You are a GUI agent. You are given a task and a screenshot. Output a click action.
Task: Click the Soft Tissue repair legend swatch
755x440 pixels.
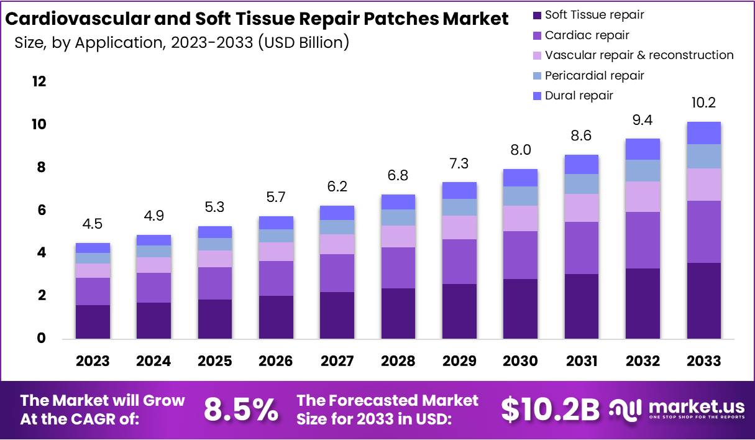point(538,15)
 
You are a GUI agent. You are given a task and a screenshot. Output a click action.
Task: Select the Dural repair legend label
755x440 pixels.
point(579,96)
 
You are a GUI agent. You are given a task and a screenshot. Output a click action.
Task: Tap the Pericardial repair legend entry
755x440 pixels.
point(594,76)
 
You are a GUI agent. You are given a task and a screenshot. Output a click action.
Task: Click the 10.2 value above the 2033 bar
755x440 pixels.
point(704,103)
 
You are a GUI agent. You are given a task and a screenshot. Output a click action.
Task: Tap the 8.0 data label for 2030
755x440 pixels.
point(521,150)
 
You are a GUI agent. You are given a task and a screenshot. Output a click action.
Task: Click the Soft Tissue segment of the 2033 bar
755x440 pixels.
point(704,301)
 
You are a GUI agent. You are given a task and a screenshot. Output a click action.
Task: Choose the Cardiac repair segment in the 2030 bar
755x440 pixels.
point(521,255)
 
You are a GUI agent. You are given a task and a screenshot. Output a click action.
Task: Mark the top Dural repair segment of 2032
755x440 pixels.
point(643,149)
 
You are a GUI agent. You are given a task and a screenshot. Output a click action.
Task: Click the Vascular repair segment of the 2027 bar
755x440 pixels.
point(337,244)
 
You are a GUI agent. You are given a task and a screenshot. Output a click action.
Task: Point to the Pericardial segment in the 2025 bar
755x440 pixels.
point(215,244)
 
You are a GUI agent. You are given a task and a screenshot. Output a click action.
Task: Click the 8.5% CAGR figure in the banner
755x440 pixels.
point(241,410)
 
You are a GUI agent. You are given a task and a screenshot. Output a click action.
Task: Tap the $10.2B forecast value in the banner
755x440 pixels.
point(550,410)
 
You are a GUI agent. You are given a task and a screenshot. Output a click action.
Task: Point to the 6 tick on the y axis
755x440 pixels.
point(41,211)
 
